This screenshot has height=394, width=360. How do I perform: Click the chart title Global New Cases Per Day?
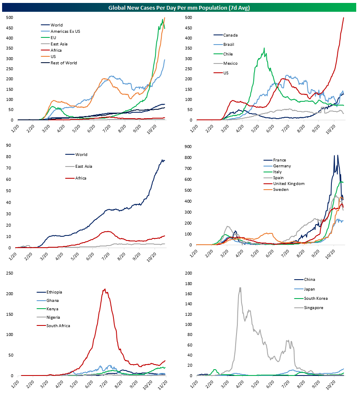point(179,7)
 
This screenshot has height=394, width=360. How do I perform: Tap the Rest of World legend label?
point(63,63)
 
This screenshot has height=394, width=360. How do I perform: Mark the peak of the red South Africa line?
point(104,289)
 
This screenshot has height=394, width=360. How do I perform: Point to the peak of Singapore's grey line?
point(240,288)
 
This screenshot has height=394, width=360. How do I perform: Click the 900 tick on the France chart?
point(187,146)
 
